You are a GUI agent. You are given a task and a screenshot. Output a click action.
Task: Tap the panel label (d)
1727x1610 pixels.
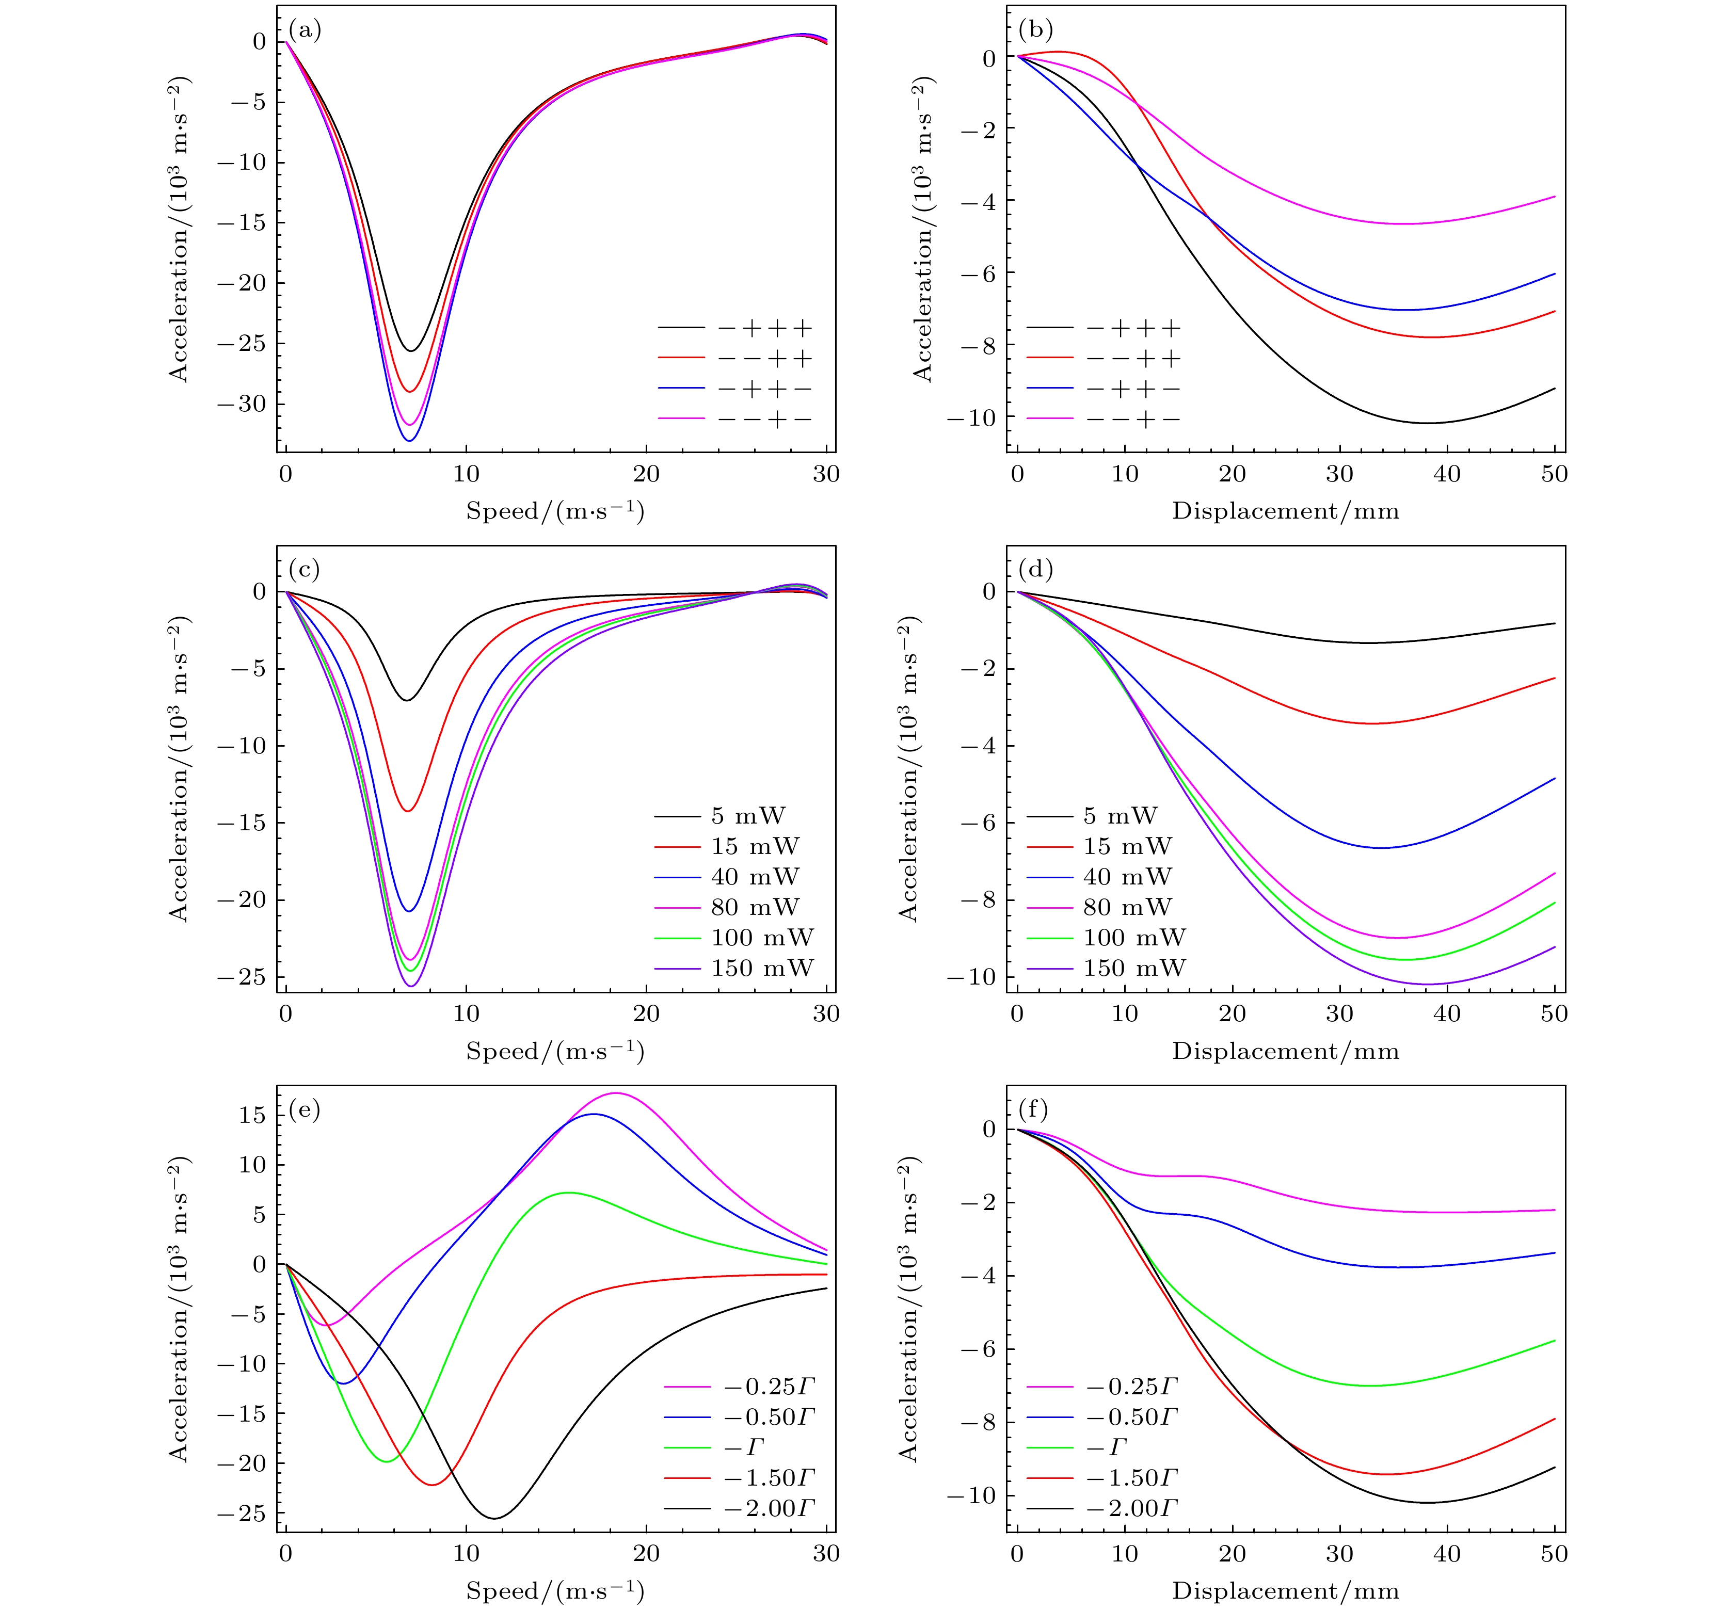1035,571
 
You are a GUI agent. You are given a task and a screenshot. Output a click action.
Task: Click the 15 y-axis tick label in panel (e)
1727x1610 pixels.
252,1115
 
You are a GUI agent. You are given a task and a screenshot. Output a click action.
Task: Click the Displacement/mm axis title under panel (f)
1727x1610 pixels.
1286,1591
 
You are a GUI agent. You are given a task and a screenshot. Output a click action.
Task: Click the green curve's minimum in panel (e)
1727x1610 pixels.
387,1461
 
